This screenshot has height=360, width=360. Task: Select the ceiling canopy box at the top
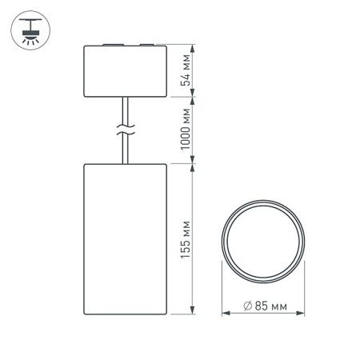coord(125,73)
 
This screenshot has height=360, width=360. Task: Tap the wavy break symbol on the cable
coord(125,131)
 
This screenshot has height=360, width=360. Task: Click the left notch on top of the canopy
coord(110,46)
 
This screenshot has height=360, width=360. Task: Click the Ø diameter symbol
coord(242,304)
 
